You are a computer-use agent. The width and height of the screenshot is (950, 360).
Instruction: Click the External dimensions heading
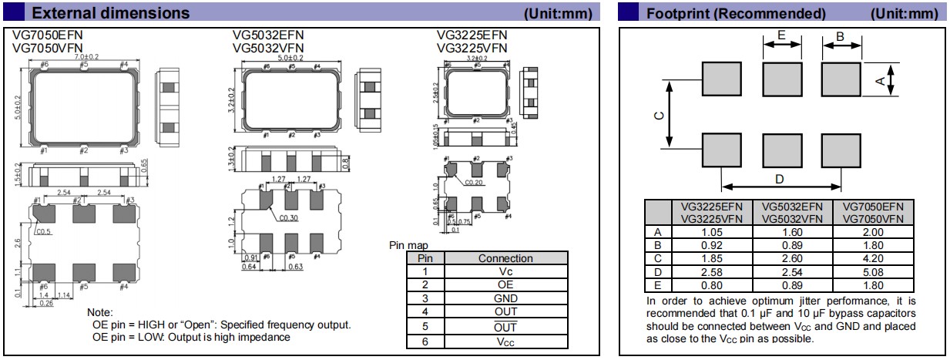tap(111, 13)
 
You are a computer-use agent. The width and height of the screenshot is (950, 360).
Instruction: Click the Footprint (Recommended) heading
tap(736, 13)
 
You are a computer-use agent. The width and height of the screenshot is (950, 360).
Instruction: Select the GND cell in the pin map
tap(505, 298)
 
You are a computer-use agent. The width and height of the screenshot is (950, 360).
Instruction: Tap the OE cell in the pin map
tap(505, 284)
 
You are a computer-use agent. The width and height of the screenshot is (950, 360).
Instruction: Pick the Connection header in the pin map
tap(505, 258)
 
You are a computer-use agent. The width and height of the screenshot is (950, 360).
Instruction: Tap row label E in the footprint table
tap(657, 284)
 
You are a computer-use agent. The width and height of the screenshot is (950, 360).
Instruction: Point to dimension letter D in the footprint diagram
tap(779, 179)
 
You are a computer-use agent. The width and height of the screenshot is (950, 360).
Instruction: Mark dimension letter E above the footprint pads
tap(781, 35)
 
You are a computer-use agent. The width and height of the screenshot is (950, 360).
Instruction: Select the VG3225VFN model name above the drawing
tap(472, 47)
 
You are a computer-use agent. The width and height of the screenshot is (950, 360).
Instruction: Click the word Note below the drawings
tap(100, 312)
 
